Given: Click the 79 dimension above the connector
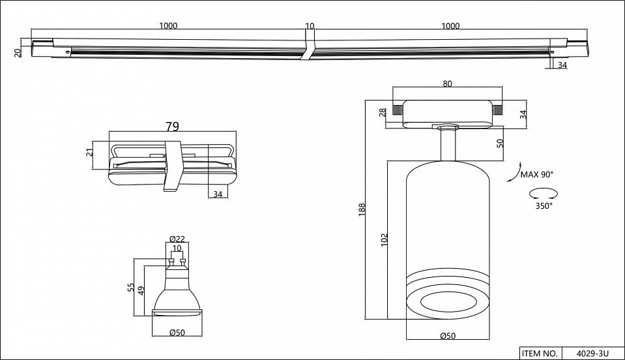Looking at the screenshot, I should (172, 127).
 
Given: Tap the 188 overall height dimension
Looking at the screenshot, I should (362, 210).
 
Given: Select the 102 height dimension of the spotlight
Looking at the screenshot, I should (385, 240).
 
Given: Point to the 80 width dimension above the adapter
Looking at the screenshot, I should (447, 83).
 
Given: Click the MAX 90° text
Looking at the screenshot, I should (536, 174).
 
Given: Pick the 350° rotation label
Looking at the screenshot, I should (544, 206).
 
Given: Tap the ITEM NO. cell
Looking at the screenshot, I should (540, 353).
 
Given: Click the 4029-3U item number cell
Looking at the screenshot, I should (592, 353).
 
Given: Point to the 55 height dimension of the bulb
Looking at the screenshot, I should (131, 287).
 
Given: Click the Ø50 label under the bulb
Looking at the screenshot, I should (177, 333).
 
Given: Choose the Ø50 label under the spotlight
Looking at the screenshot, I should (447, 336).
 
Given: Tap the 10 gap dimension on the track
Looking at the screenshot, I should (310, 26).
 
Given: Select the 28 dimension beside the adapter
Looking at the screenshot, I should (383, 112).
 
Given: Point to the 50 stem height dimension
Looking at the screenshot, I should (501, 143).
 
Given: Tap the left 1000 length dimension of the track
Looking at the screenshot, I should (168, 26).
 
